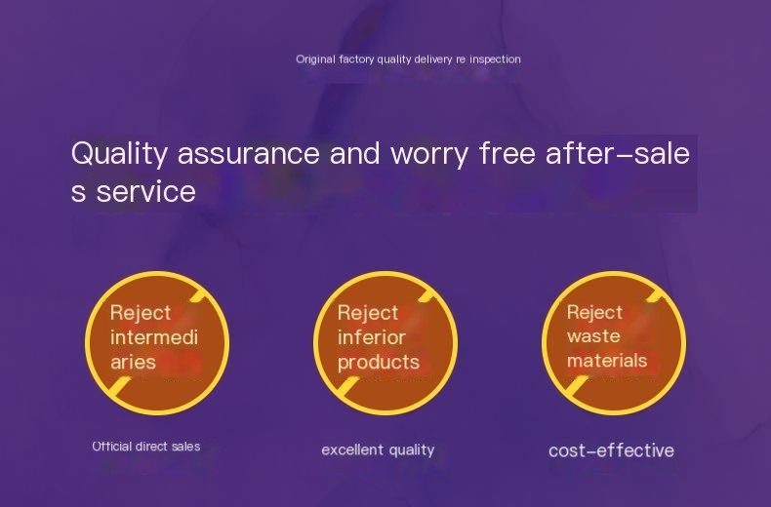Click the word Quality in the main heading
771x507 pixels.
click(x=119, y=154)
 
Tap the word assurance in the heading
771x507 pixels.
click(x=249, y=153)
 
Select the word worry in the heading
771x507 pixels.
click(x=429, y=156)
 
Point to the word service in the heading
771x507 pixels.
click(x=145, y=192)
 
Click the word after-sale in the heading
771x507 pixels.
click(x=618, y=153)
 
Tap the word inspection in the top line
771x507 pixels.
click(x=495, y=59)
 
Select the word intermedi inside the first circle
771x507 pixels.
click(x=154, y=337)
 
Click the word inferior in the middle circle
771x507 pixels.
click(x=371, y=337)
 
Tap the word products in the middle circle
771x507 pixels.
click(x=379, y=363)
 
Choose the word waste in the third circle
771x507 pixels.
click(x=593, y=336)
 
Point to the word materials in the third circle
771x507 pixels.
click(x=607, y=361)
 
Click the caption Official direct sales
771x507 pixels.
click(x=146, y=447)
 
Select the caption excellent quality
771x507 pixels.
click(x=378, y=450)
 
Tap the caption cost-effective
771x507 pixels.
click(x=611, y=450)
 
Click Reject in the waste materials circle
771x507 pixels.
click(x=594, y=312)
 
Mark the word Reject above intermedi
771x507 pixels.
click(x=141, y=313)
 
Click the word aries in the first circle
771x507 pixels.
click(x=133, y=363)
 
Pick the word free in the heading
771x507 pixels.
click(x=507, y=153)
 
